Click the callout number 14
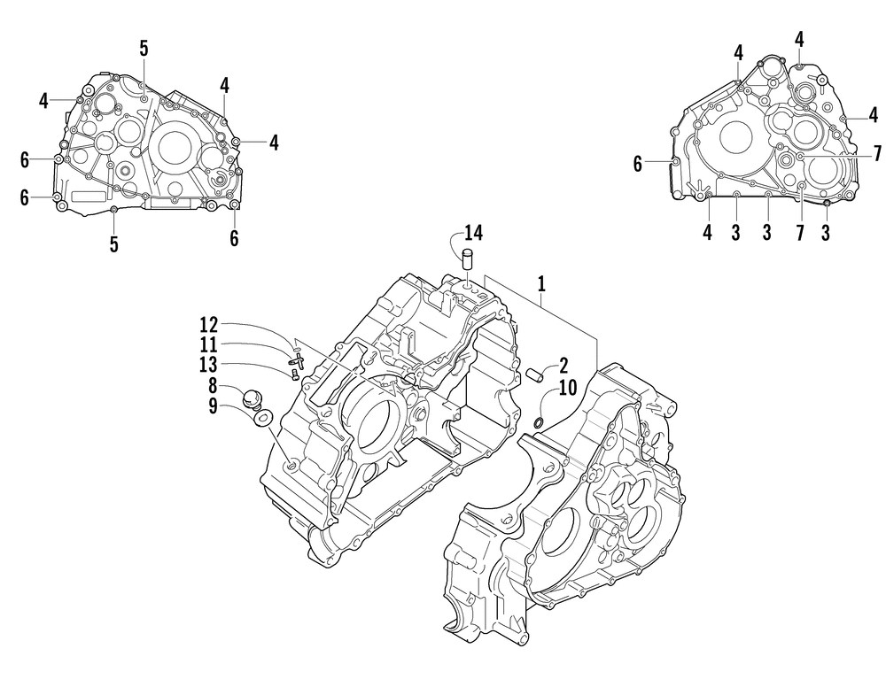[x=473, y=234]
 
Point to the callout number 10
[x=567, y=386]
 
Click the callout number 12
[x=208, y=325]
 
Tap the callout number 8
[x=213, y=386]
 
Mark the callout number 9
[x=213, y=405]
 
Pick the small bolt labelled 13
[x=292, y=375]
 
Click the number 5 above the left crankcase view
[x=144, y=49]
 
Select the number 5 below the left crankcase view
[x=113, y=244]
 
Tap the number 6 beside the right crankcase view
[x=637, y=163]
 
